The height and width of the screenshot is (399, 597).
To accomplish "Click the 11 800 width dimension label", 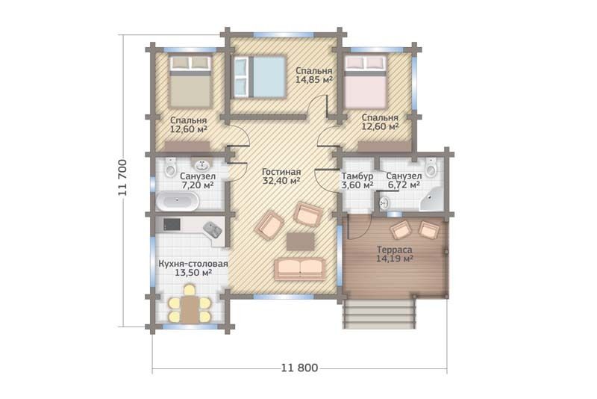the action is click(x=300, y=368).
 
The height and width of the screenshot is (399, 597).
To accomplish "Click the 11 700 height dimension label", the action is click(x=122, y=177).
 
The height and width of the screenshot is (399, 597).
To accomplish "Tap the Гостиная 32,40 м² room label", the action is click(x=281, y=176).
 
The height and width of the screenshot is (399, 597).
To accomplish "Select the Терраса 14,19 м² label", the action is click(x=395, y=254).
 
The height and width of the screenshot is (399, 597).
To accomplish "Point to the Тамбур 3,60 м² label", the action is click(x=357, y=181).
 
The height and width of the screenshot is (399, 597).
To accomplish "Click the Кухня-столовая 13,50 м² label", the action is click(x=193, y=268).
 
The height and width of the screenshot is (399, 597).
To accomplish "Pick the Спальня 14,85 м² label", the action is click(x=314, y=75).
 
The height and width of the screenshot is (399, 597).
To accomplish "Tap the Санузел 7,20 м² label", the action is click(x=198, y=181).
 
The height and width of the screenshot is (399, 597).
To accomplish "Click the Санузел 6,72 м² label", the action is click(x=404, y=181).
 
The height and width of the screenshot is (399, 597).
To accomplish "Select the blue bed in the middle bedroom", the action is click(x=259, y=77).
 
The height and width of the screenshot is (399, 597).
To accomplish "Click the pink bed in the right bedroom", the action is click(x=366, y=81).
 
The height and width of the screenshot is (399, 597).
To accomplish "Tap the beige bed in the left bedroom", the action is click(x=190, y=81).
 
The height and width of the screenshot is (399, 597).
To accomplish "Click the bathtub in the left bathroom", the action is click(x=177, y=201).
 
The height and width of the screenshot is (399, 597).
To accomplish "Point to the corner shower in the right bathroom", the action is click(x=432, y=199).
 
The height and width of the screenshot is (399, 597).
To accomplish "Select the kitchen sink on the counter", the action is click(x=213, y=230).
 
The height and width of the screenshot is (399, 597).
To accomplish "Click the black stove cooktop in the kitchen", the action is click(x=172, y=224).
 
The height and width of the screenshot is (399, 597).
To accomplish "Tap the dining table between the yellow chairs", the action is click(x=190, y=309).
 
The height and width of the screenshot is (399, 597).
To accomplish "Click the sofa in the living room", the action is click(x=300, y=269).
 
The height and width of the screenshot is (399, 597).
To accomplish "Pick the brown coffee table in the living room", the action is click(x=301, y=241).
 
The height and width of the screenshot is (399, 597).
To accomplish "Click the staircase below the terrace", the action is click(x=378, y=314).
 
